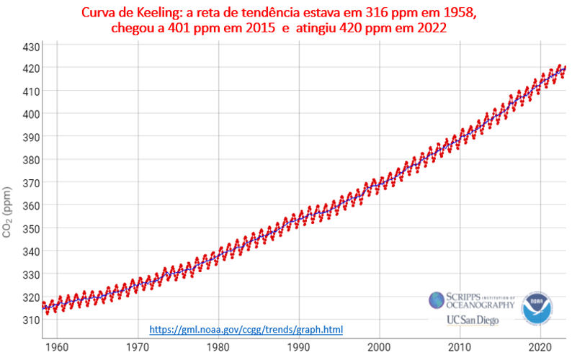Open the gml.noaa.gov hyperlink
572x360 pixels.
(x=246, y=330)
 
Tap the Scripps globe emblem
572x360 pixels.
(x=437, y=300)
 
